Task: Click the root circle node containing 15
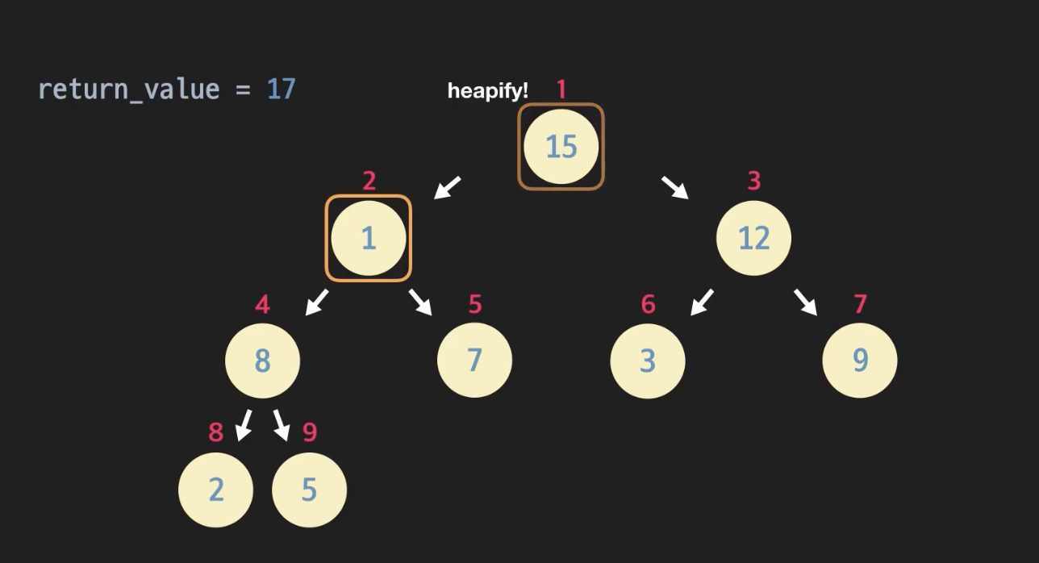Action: coord(561,147)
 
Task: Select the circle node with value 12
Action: coord(753,238)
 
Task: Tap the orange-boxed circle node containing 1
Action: coord(369,239)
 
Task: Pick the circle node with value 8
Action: coord(262,361)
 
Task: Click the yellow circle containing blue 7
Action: coord(474,361)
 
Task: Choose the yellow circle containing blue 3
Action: coord(647,361)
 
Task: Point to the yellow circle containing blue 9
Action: coord(859,361)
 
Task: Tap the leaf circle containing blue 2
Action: coord(215,490)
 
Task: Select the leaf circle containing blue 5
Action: coord(309,490)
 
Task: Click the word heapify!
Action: coord(487,91)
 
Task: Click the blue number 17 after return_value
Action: coord(282,89)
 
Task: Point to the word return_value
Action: coord(128,89)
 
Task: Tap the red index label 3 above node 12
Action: coord(753,181)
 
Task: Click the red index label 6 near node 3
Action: coord(648,304)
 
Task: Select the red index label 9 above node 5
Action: coord(310,432)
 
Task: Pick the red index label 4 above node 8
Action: coord(262,304)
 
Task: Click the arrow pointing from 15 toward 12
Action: coord(675,187)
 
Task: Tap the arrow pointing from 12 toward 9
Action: coord(805,302)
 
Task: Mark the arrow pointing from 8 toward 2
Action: coord(244,425)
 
